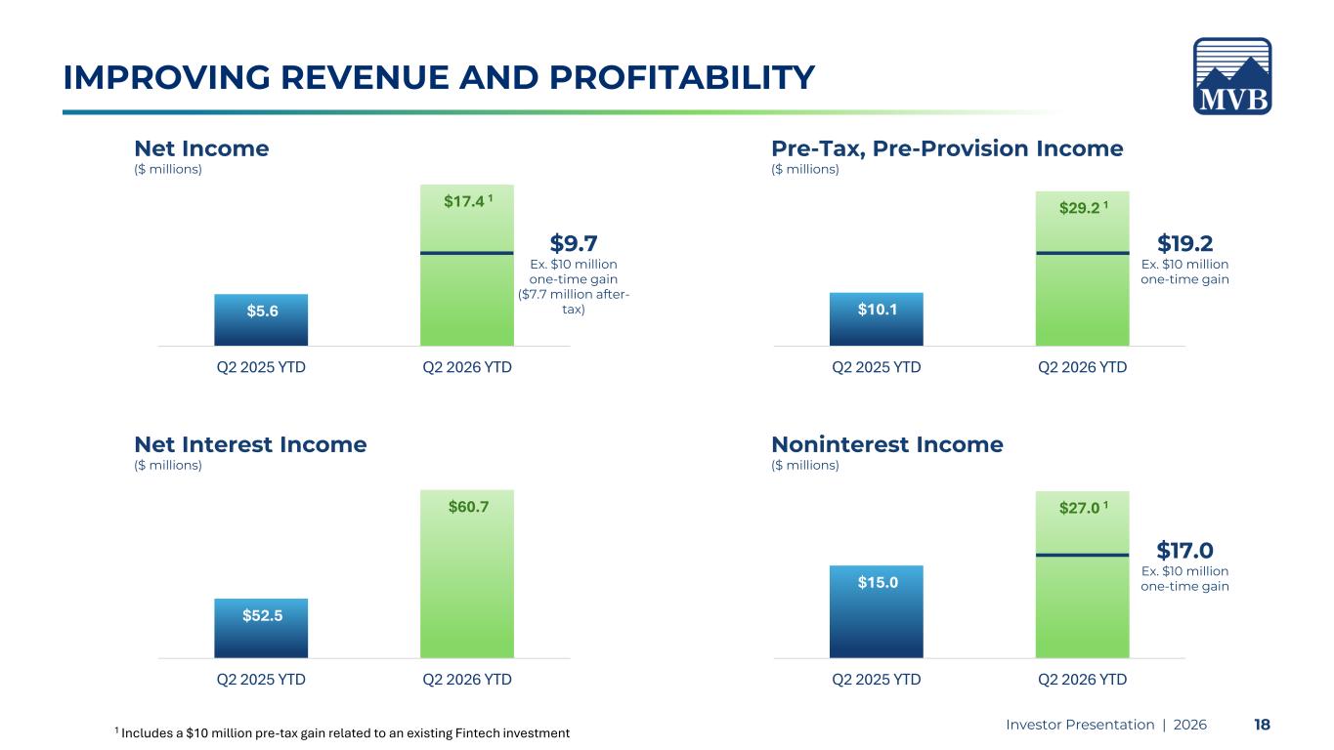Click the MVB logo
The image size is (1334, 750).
(x=1232, y=76)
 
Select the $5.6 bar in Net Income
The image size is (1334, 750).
(x=261, y=319)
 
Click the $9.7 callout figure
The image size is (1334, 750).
(x=574, y=243)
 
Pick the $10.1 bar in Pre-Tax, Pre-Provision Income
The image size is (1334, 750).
(x=876, y=319)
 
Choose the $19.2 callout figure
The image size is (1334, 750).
(x=1184, y=243)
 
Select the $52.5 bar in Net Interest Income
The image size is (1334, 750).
(x=261, y=628)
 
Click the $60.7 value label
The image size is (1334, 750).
(x=468, y=507)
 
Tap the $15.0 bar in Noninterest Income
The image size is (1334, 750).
(x=876, y=611)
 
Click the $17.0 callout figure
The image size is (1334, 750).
(x=1184, y=550)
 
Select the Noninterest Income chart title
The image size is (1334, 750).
(x=887, y=444)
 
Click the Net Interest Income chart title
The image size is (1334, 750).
(x=250, y=444)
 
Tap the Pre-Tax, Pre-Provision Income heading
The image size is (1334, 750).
(x=947, y=148)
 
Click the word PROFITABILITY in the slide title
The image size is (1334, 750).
(x=681, y=77)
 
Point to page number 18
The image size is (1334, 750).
(x=1262, y=725)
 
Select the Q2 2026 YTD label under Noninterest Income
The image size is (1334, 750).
(x=1082, y=679)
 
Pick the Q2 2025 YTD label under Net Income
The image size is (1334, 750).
(x=261, y=366)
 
